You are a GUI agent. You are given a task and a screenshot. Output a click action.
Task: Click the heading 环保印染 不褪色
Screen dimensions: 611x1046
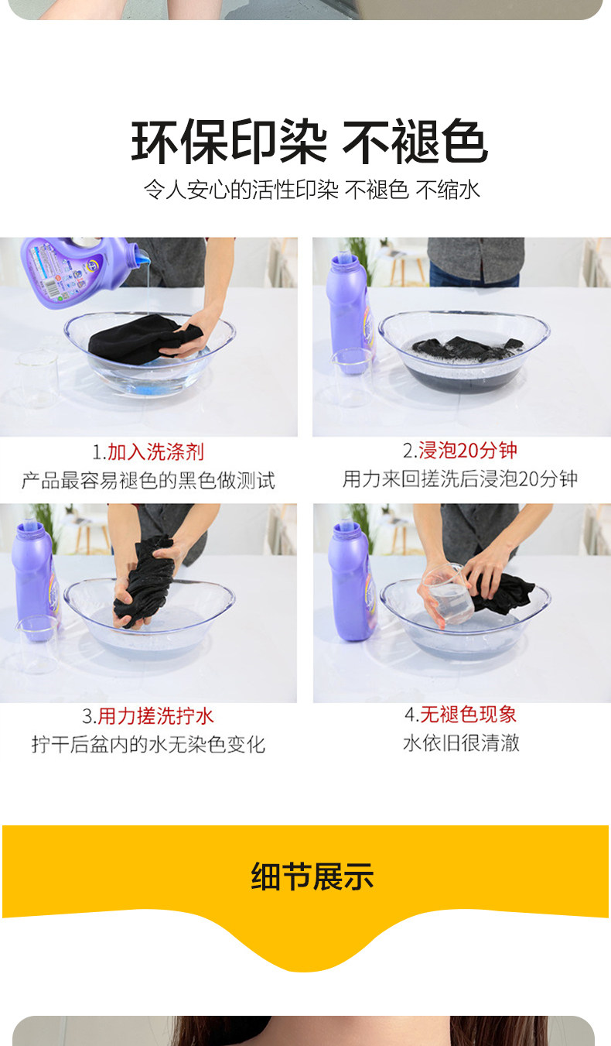click(309, 141)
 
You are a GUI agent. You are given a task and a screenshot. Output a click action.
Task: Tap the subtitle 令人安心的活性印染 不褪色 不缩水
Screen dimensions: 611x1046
click(312, 190)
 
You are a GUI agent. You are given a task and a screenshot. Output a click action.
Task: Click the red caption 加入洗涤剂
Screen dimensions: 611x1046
click(155, 451)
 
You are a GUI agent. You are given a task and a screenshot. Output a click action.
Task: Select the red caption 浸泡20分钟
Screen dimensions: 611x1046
click(467, 450)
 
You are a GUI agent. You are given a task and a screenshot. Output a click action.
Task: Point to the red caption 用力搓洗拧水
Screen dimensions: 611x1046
click(155, 716)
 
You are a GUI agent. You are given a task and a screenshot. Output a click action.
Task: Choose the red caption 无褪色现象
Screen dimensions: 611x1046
click(468, 715)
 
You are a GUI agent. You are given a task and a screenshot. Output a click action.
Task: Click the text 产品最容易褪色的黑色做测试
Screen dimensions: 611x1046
click(148, 480)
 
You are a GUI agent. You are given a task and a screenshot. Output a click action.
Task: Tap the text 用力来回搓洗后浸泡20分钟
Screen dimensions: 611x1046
click(460, 478)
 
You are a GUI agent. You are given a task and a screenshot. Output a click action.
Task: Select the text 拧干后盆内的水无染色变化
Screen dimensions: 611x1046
click(148, 744)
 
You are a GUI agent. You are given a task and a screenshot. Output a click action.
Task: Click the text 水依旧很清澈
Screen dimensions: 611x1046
click(461, 742)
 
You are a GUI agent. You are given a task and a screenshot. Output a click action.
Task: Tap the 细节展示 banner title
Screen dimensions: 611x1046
click(312, 876)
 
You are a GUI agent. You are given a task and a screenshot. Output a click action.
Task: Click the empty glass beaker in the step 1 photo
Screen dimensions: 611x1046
click(37, 379)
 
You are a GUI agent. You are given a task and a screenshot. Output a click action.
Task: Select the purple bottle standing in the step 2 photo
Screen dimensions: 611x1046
click(349, 313)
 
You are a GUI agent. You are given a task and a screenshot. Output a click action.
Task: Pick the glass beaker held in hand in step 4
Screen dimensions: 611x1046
click(449, 595)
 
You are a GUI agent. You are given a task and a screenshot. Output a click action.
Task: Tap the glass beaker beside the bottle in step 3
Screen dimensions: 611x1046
click(37, 644)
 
